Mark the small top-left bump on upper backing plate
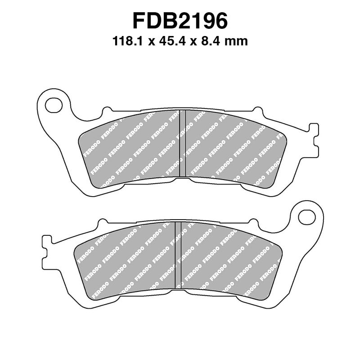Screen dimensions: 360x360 (x=106, y=110)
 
